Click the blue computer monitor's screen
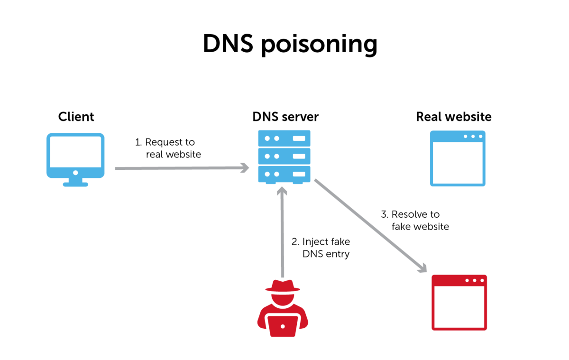coord(75,152)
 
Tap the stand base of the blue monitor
coord(75,184)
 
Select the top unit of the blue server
coord(284,138)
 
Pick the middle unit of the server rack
coord(284,156)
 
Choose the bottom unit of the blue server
coord(284,174)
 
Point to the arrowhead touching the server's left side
coord(245,167)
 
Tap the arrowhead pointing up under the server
coord(282,191)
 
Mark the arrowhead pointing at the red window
coord(422,268)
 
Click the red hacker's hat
coord(283,286)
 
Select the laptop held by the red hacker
coord(283,326)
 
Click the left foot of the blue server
coord(271,183)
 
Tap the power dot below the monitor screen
coord(75,173)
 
